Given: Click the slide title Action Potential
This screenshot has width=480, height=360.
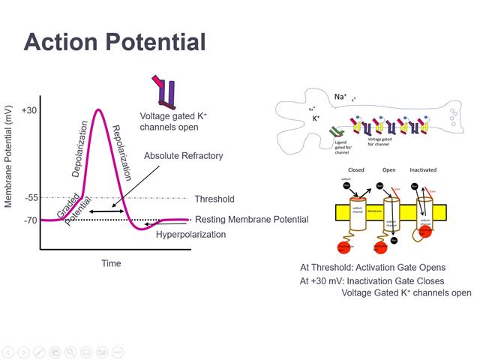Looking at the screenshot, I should (x=115, y=42).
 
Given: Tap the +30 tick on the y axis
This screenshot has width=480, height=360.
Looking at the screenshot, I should (x=29, y=110).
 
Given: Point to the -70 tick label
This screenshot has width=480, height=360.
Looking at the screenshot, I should (x=30, y=220).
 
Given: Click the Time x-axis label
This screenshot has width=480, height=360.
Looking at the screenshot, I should (x=111, y=263).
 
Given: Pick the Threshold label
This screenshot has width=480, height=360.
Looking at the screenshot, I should (x=214, y=199).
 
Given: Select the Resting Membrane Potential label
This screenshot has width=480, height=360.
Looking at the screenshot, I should (x=251, y=220).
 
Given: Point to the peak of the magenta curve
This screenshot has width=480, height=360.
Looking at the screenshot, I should (x=98, y=110).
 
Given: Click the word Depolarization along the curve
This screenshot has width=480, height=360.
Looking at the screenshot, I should (x=80, y=148).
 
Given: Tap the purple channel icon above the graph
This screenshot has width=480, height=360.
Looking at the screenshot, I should (x=166, y=92).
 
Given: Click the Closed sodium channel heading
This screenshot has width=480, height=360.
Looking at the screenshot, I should (x=356, y=170).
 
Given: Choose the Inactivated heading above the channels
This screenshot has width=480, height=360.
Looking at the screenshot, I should (x=423, y=170).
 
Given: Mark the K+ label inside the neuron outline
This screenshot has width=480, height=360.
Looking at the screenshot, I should (x=317, y=118).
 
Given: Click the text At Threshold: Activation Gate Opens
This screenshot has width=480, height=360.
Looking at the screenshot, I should (x=373, y=267).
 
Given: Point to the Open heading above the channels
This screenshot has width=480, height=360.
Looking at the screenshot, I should (x=388, y=170).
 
